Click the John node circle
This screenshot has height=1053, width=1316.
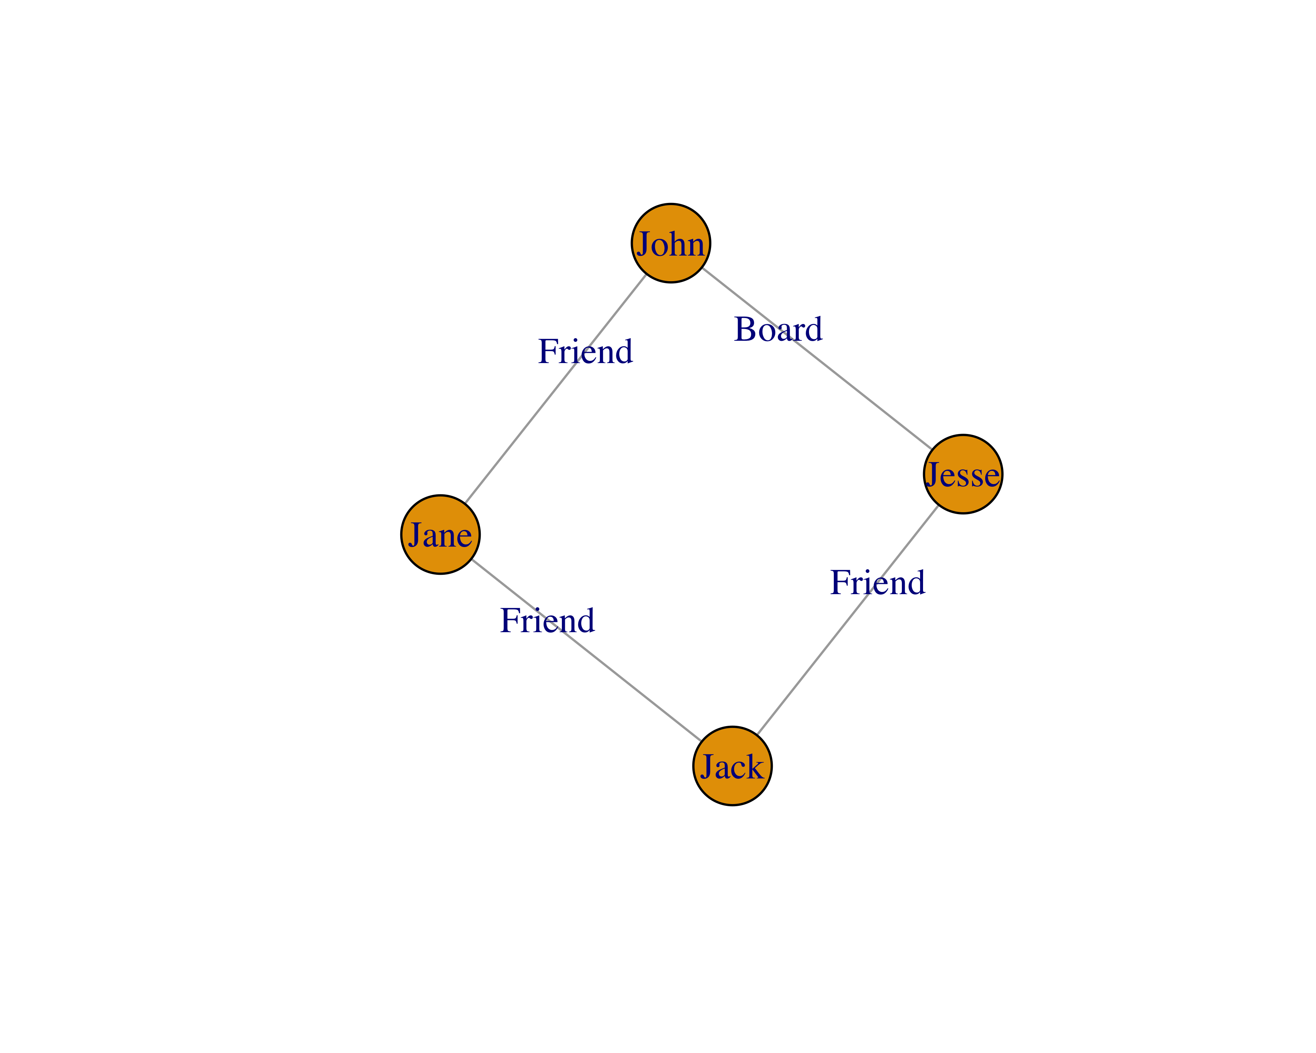(x=671, y=243)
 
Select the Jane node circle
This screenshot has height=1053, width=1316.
(x=440, y=535)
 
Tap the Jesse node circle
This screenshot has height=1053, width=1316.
(x=963, y=474)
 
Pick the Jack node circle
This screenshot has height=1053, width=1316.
(x=732, y=766)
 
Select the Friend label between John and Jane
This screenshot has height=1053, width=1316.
(x=585, y=352)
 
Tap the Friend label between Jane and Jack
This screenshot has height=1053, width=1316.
(x=547, y=621)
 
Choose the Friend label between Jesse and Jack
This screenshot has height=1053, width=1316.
(x=877, y=582)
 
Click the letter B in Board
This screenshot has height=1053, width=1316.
(x=745, y=330)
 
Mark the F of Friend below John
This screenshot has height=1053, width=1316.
(x=548, y=352)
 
